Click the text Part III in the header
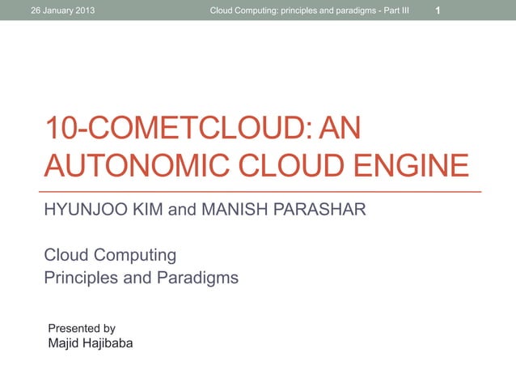click(x=393, y=11)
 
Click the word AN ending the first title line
click(x=340, y=130)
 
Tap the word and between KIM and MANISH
click(x=182, y=211)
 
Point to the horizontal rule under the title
click(x=263, y=191)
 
